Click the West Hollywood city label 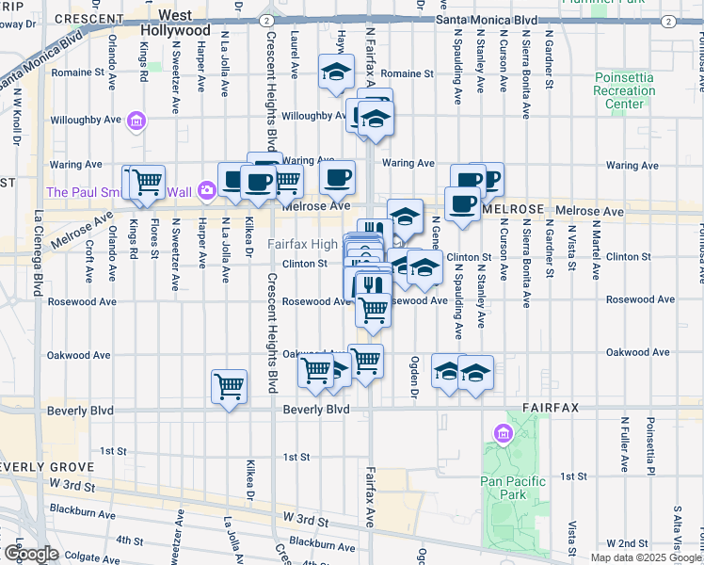point(184,23)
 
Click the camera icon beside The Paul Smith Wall point(206,192)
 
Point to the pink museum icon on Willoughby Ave point(137,121)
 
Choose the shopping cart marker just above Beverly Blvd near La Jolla point(230,385)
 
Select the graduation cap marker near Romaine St point(336,72)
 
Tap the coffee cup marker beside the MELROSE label point(461,202)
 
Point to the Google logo point(30,554)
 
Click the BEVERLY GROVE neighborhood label point(47,467)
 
